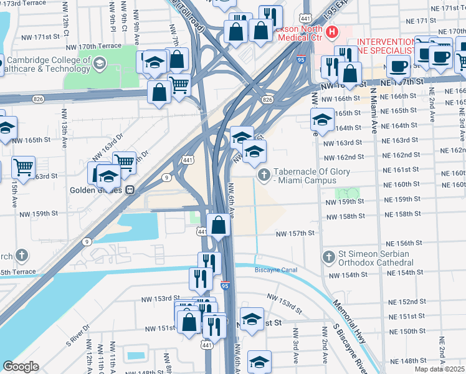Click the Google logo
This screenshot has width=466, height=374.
20,367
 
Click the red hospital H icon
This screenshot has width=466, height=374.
332,31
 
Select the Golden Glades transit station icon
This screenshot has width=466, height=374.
130,190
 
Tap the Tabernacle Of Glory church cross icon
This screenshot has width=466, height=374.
264,175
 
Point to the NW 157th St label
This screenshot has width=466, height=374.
296,233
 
